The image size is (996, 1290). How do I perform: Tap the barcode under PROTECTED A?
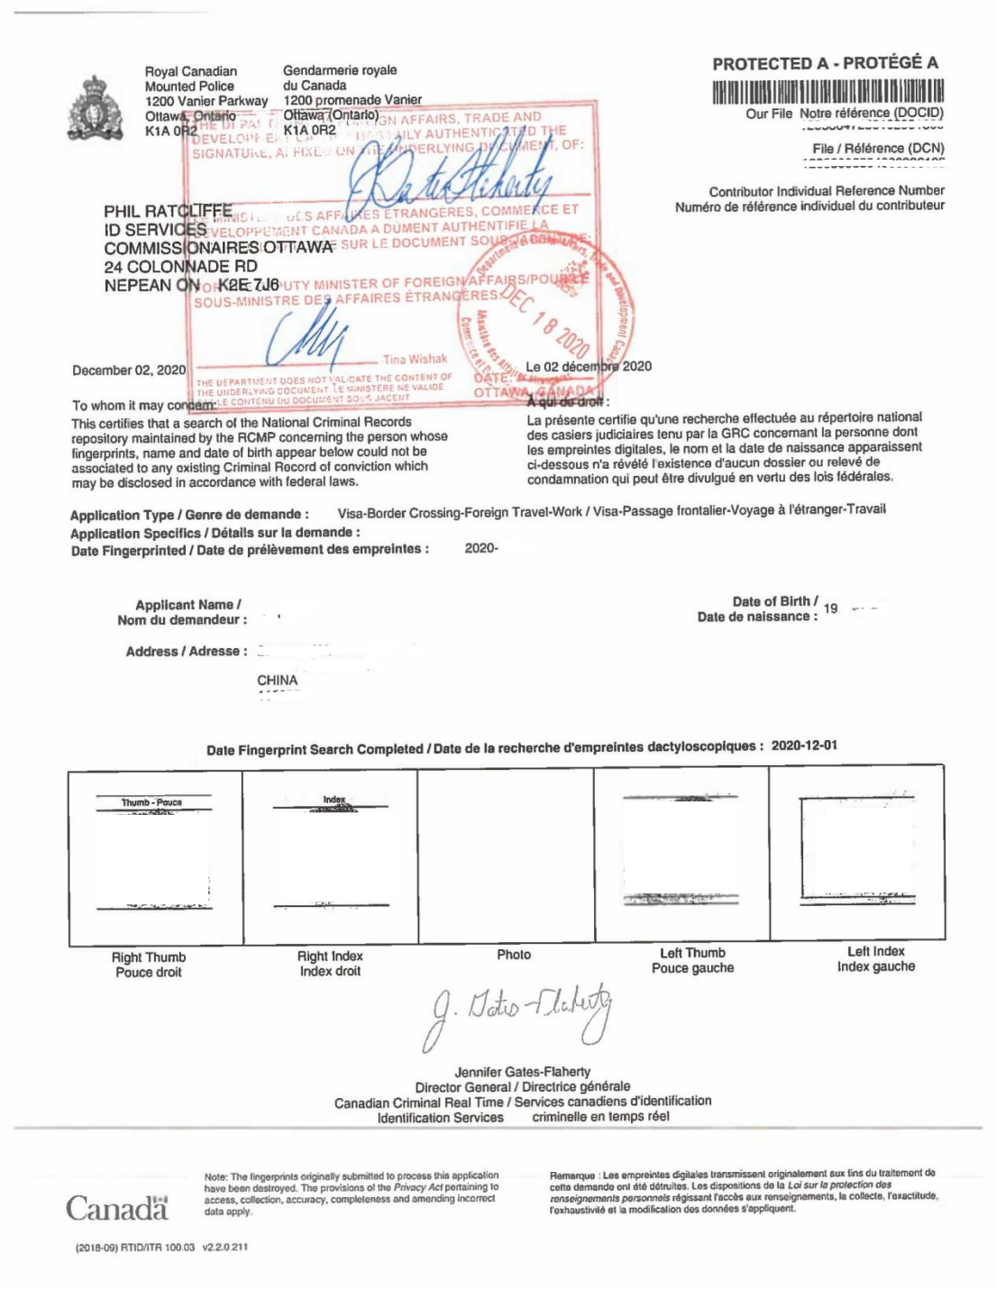pos(827,92)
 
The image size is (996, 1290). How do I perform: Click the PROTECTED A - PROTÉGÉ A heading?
pos(825,63)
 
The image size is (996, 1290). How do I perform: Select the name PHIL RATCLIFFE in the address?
pos(168,212)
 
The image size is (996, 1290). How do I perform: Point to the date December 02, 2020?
pos(129,371)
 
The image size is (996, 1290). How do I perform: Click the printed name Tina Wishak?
pos(415,359)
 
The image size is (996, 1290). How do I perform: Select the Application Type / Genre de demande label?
pos(189,515)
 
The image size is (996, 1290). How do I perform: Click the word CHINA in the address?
pos(277,680)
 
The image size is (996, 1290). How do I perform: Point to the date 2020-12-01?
pos(804,746)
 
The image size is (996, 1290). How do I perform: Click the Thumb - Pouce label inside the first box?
pos(151,802)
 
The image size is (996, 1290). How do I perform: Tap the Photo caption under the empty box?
pos(514,954)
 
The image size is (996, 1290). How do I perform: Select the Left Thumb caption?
pos(692,953)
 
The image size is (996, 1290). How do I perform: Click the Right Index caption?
pos(330,956)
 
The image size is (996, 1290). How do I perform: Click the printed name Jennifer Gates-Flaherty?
pos(522,1072)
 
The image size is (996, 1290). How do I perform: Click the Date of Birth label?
pos(775,601)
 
